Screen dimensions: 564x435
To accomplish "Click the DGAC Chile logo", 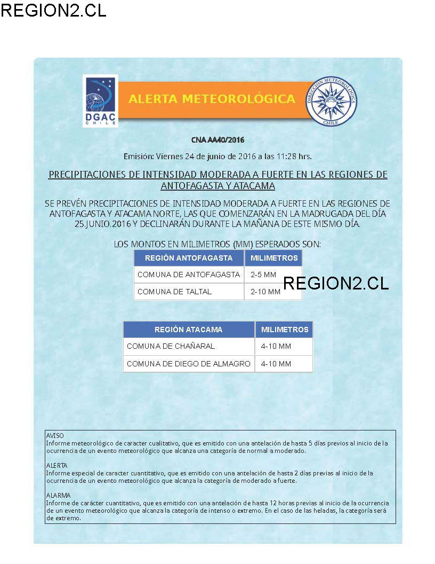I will click(100, 101).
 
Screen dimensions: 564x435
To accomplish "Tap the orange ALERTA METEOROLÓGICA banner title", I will click(212, 99).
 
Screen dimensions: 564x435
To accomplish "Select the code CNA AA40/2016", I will click(217, 140).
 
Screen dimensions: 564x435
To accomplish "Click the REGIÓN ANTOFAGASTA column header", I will click(189, 258).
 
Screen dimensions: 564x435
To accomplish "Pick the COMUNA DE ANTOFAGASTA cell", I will click(189, 275).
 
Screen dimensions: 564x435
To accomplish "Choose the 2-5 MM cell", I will click(263, 275).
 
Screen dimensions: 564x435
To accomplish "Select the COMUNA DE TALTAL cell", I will click(175, 292).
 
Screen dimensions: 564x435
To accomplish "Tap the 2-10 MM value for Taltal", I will click(265, 292).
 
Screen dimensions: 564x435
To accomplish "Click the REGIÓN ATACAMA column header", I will click(189, 330).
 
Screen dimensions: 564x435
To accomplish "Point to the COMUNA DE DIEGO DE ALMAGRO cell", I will click(189, 364).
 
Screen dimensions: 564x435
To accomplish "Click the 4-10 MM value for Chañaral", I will click(276, 346).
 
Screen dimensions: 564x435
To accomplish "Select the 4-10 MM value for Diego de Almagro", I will click(276, 364).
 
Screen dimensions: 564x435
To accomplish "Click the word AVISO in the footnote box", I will click(55, 436).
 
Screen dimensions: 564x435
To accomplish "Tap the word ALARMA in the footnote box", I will click(58, 496).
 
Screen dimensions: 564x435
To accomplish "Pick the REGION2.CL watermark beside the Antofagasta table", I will click(336, 283).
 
